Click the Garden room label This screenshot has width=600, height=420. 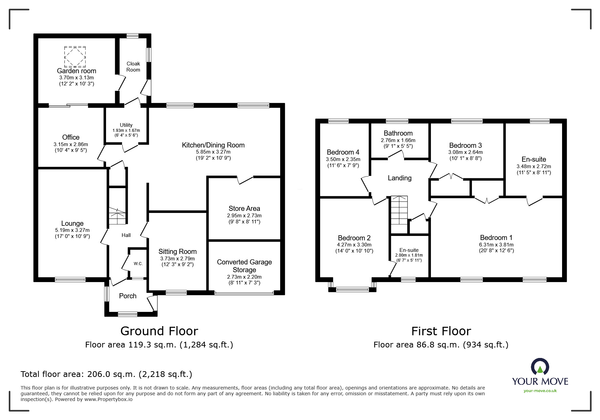pos(77,71)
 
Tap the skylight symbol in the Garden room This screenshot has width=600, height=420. pos(75,57)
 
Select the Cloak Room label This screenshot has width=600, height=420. pos(133,66)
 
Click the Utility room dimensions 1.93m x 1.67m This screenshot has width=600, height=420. pos(126,131)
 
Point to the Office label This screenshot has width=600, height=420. pos(71,137)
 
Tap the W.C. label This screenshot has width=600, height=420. pos(138,263)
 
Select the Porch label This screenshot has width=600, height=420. pos(128,296)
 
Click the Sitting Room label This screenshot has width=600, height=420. pos(178,252)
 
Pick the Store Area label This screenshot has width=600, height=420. pos(244,208)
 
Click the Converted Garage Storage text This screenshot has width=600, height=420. pos(244,266)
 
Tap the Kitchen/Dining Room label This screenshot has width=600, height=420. pos(213,145)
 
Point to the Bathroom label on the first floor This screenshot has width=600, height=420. pos(398,133)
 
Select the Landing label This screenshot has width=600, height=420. pos(400,178)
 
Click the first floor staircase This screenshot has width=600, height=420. pos(399,215)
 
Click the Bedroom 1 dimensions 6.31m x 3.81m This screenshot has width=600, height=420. pos(496,245)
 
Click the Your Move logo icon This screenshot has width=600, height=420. pos(540,367)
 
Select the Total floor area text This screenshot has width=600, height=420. pos(106,374)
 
